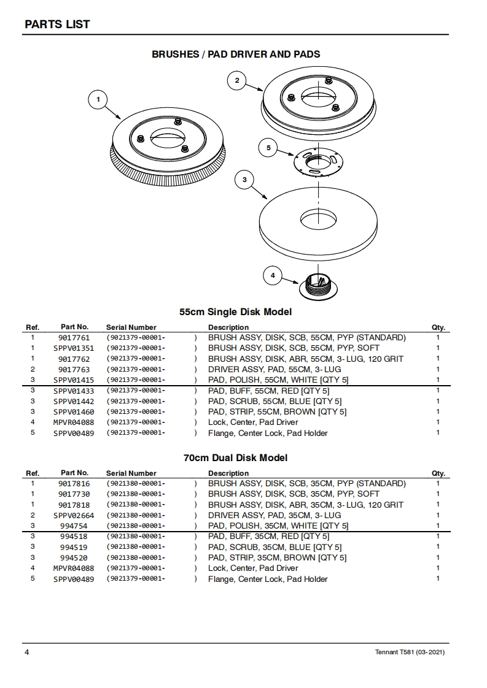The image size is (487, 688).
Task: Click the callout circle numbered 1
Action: [x=98, y=99]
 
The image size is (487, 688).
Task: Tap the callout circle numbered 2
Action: [x=236, y=80]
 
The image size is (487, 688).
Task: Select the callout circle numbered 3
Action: [x=244, y=180]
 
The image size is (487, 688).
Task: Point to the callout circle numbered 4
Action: [x=273, y=275]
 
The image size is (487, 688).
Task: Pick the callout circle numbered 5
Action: [x=268, y=148]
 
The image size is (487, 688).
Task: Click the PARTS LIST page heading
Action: [x=57, y=25]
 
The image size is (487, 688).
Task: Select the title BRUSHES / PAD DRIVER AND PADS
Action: [x=236, y=55]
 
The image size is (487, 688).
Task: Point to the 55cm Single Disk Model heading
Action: [x=235, y=312]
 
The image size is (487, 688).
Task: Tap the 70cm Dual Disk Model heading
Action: [x=235, y=458]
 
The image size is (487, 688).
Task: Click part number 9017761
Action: [x=74, y=338]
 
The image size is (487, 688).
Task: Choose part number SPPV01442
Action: [x=74, y=401]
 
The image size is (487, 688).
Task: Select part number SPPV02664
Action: [x=74, y=515]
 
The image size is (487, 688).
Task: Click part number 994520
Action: [x=74, y=558]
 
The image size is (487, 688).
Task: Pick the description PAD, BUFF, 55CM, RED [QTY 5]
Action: [x=269, y=391]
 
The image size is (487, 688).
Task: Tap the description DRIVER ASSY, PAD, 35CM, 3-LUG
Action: [x=275, y=515]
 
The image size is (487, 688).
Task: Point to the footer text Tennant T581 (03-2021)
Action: [x=410, y=652]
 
